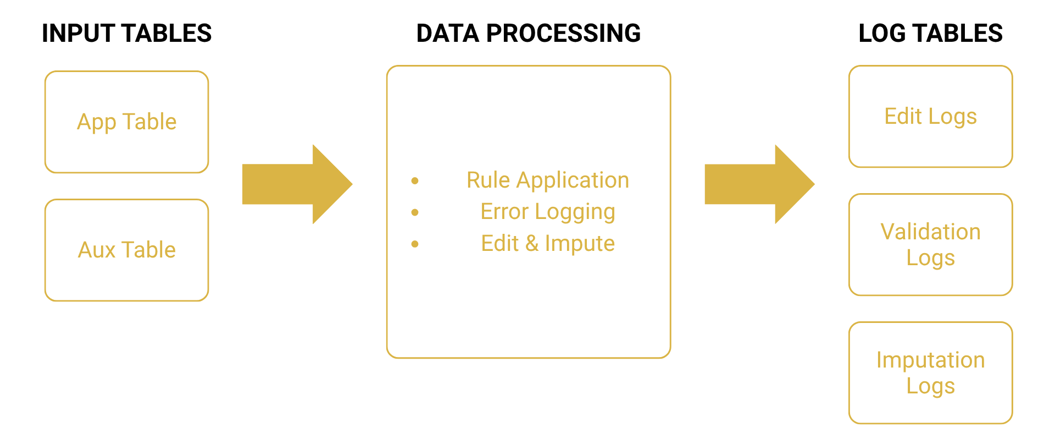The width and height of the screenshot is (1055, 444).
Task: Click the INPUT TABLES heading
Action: (126, 34)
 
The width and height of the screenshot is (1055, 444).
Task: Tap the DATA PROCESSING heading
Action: (528, 34)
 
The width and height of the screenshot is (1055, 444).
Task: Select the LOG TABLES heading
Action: (930, 34)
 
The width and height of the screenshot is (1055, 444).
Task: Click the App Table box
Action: (126, 122)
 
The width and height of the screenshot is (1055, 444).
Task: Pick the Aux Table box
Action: (126, 250)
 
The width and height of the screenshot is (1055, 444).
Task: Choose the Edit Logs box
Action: (930, 117)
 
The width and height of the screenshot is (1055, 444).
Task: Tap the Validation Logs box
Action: (930, 245)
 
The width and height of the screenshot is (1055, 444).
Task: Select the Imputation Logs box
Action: (930, 373)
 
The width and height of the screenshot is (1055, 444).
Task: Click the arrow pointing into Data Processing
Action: (297, 184)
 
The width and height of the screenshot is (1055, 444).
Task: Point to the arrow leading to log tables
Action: (759, 184)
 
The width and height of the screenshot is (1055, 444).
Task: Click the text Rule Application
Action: (547, 180)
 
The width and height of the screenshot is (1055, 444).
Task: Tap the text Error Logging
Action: (547, 212)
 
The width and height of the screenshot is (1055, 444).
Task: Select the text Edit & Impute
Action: (547, 243)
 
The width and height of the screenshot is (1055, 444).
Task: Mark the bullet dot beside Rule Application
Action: (415, 180)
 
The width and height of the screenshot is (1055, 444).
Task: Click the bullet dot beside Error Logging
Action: (415, 212)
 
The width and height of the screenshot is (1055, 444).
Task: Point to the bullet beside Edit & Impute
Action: (415, 244)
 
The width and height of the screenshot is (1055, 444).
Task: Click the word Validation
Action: (930, 232)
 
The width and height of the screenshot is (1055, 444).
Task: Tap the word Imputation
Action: (930, 360)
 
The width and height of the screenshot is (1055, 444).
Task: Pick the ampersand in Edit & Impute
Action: (531, 243)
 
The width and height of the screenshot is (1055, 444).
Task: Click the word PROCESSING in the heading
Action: (563, 34)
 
